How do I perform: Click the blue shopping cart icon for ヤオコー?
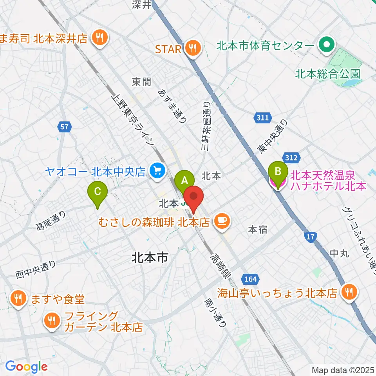(x=158, y=170)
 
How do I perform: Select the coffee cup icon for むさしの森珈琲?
(x=222, y=221)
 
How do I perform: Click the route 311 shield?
(x=263, y=117)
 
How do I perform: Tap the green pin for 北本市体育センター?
(x=325, y=46)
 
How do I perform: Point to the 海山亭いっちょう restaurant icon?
(x=348, y=292)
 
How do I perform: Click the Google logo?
(x=26, y=367)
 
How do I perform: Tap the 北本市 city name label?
(x=150, y=257)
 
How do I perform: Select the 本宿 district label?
(x=258, y=230)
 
